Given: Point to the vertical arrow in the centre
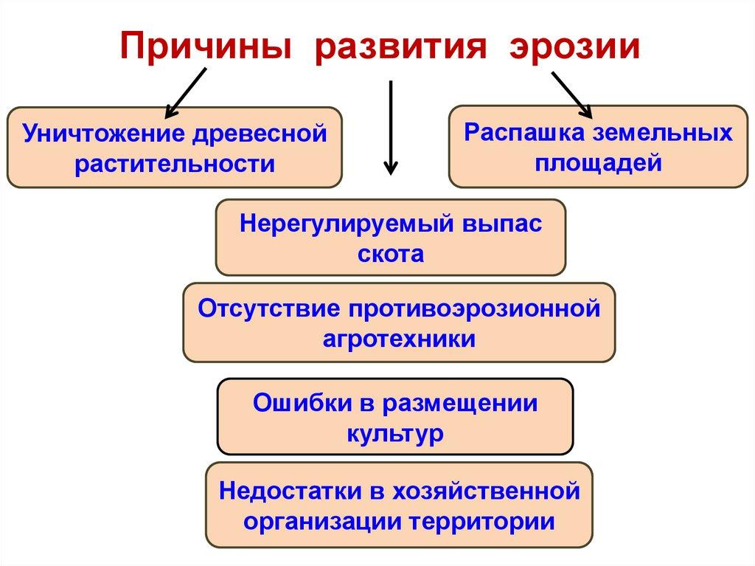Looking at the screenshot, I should click(x=390, y=125).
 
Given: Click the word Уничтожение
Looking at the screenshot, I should click(x=100, y=134).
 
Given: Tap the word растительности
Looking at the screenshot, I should click(x=174, y=162).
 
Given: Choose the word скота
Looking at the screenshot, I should click(x=390, y=253).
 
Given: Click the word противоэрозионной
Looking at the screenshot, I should click(x=467, y=307).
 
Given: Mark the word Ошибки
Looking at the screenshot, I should click(x=293, y=402).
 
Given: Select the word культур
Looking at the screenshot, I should click(x=394, y=432).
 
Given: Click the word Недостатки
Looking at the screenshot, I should click(x=282, y=489).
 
